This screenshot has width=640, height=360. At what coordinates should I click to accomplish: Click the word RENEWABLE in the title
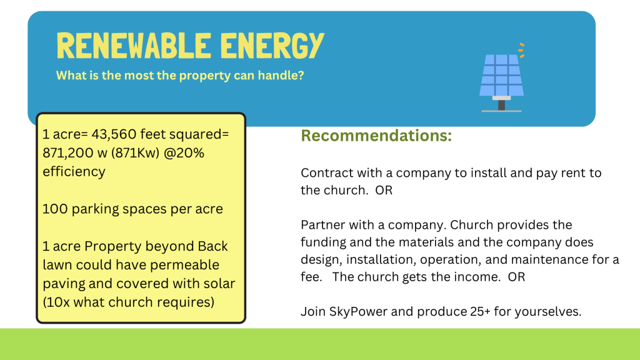[x=134, y=46]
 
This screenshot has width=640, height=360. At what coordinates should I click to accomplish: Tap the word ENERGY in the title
[x=272, y=46]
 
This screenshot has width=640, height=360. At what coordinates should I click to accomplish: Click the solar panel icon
[x=502, y=77]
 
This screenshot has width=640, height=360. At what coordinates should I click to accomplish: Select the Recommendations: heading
[x=376, y=136]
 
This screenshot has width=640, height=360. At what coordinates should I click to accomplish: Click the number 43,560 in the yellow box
[x=114, y=134]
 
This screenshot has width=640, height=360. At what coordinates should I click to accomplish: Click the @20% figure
[x=184, y=153]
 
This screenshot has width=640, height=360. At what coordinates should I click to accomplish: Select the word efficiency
[x=74, y=172]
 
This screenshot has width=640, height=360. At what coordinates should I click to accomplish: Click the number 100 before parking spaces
[x=55, y=209]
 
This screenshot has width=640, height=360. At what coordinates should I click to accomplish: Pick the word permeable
[x=184, y=265]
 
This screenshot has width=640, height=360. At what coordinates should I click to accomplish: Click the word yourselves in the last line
[x=547, y=312]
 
